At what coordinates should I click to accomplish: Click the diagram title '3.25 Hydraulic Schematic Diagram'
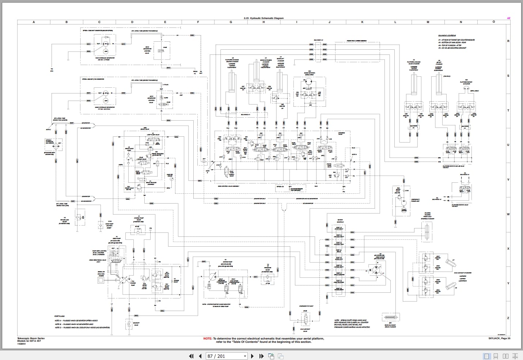[x=263, y=18]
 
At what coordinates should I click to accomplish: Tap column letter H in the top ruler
[x=264, y=22]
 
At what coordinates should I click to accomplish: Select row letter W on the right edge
[x=508, y=214]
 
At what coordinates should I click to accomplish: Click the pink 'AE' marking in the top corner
[x=508, y=18]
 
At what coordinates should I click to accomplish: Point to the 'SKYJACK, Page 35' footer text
[x=499, y=338]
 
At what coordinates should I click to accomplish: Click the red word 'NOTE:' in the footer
[x=207, y=339]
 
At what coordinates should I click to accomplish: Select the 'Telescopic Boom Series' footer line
[x=31, y=338]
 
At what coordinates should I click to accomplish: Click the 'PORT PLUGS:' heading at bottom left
[x=59, y=316]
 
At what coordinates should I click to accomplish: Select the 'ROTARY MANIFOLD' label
[x=340, y=221]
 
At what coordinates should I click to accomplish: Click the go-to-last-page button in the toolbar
[x=261, y=356]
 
